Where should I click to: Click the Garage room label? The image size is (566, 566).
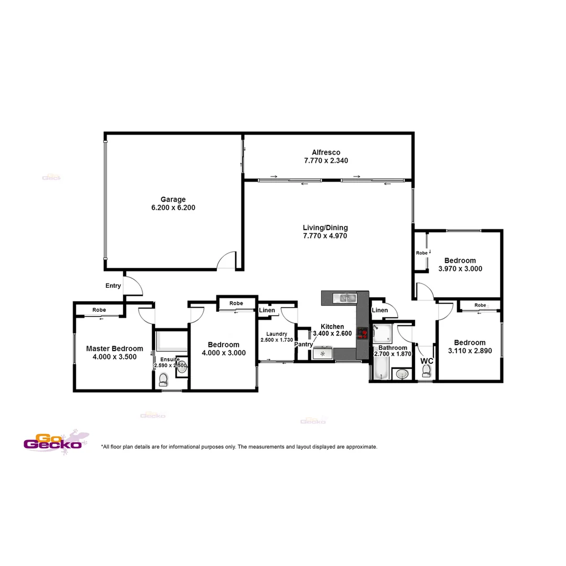click(x=173, y=199)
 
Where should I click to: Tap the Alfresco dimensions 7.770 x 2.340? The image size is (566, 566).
click(x=326, y=161)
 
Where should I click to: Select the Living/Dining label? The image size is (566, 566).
click(x=325, y=227)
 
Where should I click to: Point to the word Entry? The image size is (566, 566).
click(x=113, y=286)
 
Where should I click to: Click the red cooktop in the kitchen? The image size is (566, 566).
click(x=362, y=333)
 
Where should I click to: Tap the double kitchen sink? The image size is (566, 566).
click(x=346, y=298)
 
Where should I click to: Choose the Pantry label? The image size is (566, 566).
click(x=303, y=344)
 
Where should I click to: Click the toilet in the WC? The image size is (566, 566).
click(x=427, y=371)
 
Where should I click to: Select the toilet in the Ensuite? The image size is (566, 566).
click(x=163, y=379)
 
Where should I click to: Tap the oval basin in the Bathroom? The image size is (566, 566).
click(x=402, y=374)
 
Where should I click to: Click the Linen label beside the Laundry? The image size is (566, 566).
click(x=267, y=310)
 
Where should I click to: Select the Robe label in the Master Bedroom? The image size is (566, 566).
click(x=99, y=310)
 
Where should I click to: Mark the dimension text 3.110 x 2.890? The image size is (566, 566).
click(x=470, y=351)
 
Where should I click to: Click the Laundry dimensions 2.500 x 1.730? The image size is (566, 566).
click(x=276, y=340)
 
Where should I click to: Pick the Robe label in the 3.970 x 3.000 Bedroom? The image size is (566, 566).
click(x=422, y=253)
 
